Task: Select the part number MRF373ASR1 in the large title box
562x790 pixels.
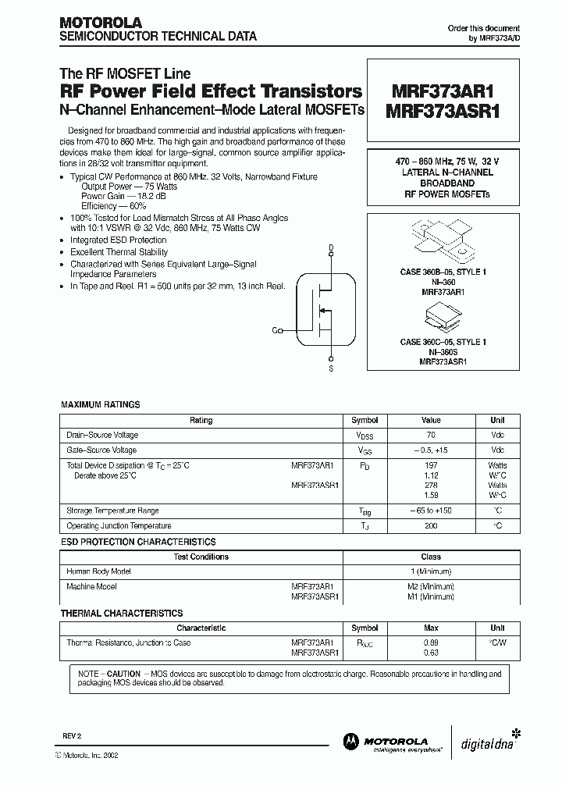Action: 442,111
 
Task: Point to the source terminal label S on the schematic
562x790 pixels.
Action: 331,368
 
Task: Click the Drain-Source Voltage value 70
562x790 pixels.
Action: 431,435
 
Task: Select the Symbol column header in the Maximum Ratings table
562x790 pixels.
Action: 365,420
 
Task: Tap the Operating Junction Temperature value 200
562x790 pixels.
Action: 431,525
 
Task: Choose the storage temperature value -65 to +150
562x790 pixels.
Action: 431,511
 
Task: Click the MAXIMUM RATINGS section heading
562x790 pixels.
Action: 101,404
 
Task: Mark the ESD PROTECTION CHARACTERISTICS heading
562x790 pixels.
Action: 138,541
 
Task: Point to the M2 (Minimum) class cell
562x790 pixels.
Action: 431,586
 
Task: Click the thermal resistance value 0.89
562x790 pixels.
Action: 431,642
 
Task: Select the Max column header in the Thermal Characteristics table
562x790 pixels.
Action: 431,628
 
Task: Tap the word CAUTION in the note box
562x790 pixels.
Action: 123,673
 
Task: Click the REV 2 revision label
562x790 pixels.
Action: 72,736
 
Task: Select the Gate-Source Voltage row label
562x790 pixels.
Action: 103,450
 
